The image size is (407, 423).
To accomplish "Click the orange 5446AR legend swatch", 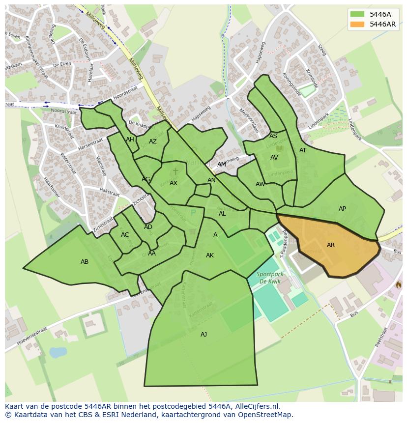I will click(x=357, y=24).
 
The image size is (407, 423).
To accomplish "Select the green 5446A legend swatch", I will click(x=357, y=14).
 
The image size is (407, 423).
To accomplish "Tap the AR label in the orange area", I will click(x=331, y=245).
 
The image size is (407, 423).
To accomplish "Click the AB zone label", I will click(x=85, y=262).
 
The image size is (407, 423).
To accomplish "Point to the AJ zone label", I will click(x=203, y=335).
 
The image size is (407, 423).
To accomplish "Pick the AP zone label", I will click(x=342, y=209).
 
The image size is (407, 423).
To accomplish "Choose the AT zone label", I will click(x=303, y=150).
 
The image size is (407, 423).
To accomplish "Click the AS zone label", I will click(x=273, y=136).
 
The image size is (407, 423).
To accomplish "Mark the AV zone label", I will click(x=274, y=158).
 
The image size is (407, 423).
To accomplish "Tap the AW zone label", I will click(x=260, y=184).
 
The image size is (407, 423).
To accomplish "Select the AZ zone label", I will click(x=153, y=141).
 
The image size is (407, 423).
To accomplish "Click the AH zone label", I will click(x=130, y=140).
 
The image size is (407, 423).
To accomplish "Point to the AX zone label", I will click(x=174, y=183).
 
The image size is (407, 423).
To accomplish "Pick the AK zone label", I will click(x=210, y=255).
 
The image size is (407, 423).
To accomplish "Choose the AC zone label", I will click(x=125, y=235).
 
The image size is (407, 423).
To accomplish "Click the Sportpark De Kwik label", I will click(x=269, y=278).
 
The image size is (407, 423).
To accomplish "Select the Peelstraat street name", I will click(x=381, y=337).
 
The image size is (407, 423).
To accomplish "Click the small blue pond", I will click(x=58, y=352).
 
